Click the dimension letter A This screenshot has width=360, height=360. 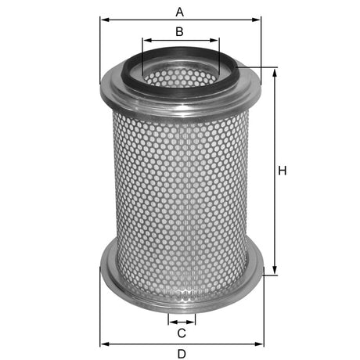click(x=180, y=12)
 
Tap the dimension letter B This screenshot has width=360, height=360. click(x=179, y=31)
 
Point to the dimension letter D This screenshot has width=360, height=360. click(x=181, y=354)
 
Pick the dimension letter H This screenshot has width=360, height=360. click(x=283, y=171)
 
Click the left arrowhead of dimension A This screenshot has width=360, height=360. click(x=104, y=21)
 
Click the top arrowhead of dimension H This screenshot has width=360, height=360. click(x=275, y=71)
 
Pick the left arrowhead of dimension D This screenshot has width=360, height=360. click(x=104, y=344)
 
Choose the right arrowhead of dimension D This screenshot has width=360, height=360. click(x=258, y=344)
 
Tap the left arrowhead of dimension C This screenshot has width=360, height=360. click(x=171, y=322)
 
